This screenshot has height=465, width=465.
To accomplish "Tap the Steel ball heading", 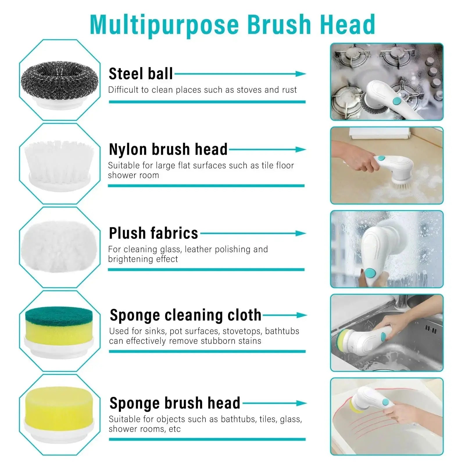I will (x=141, y=74).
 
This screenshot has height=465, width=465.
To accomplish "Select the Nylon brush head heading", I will (x=168, y=149).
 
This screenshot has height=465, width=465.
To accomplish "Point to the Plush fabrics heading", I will (x=153, y=233).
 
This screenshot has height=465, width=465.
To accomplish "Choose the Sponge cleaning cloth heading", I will (x=185, y=315).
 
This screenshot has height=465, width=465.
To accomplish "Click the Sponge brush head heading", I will (x=175, y=403).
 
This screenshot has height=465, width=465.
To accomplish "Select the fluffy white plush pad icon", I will (x=60, y=247).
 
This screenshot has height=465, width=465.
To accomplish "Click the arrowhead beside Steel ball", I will (x=301, y=74).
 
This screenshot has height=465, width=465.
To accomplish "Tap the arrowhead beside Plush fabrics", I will (x=301, y=233).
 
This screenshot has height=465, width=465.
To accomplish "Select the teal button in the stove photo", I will (x=396, y=101).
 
